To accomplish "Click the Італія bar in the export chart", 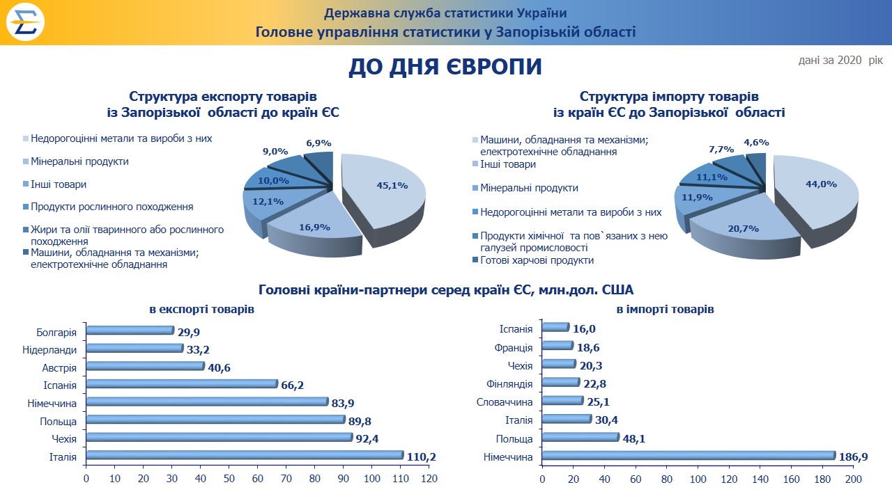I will point(244,455).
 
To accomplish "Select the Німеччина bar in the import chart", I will point(688,455).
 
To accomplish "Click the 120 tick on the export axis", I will point(429,479).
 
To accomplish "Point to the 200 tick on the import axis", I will point(854,479).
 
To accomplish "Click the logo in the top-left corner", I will point(26,22).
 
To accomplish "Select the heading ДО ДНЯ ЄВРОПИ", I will point(445,67).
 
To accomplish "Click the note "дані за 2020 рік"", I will point(840,61).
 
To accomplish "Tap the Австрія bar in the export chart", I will point(145,366).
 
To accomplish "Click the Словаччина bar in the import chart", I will point(562,401).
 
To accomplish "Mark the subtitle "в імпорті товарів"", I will point(665,309).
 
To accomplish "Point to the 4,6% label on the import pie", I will point(756,143).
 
